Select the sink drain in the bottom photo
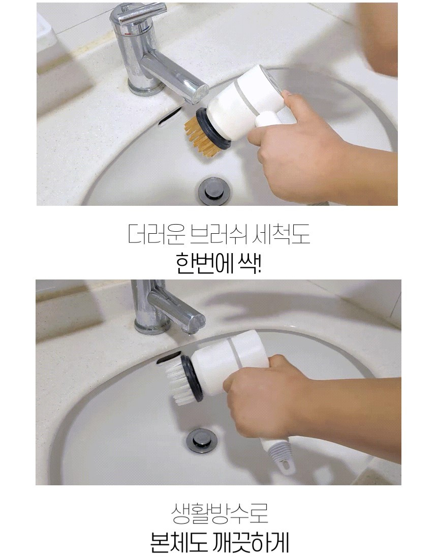[x=201, y=441]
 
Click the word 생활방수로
[x=220, y=513]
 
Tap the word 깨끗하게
[x=252, y=542]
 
